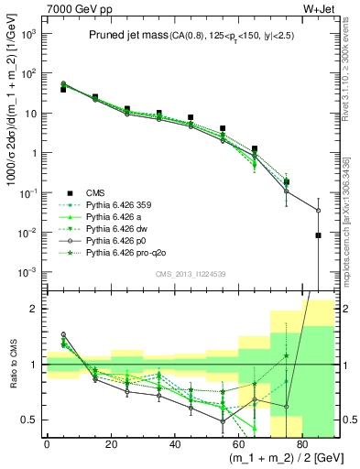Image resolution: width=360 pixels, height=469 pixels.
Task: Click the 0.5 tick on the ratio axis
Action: [x=32, y=420]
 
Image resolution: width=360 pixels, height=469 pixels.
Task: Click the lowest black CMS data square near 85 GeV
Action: [x=318, y=235]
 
